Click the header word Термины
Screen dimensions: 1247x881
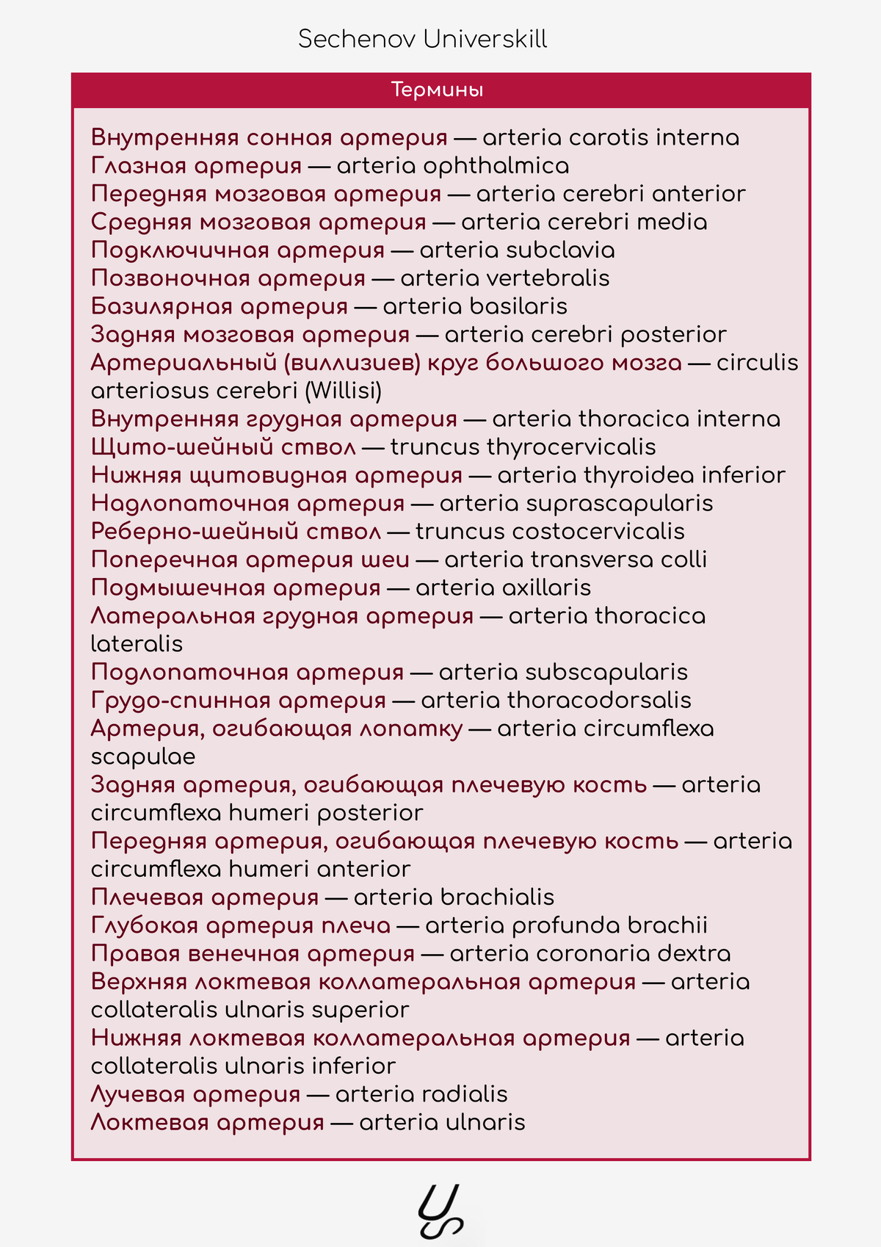coord(437,90)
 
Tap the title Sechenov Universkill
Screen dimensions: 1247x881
coord(422,39)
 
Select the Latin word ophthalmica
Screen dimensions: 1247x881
coord(496,166)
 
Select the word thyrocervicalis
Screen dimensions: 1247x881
coord(571,447)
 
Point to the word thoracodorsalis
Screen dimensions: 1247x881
coord(599,701)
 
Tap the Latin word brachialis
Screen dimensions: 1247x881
coord(497,897)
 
